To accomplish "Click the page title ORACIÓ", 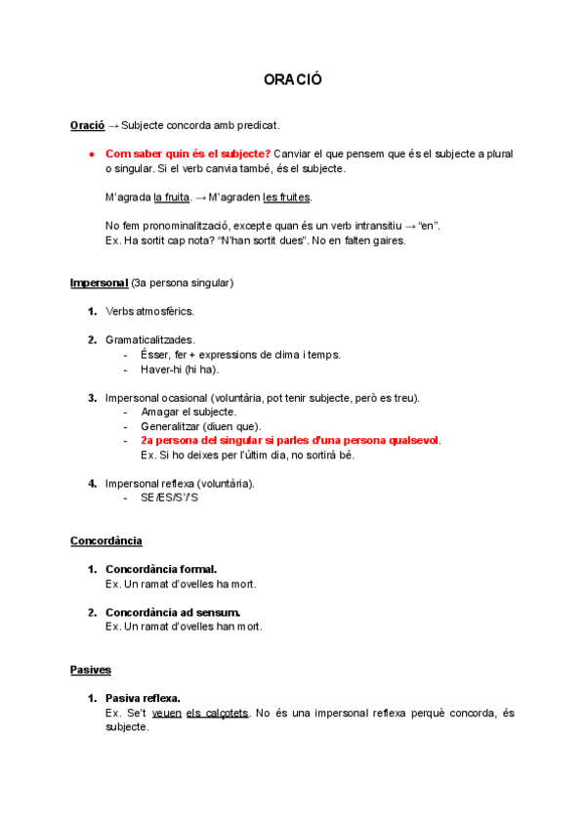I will pyautogui.click(x=292, y=79).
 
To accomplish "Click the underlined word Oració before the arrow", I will pyautogui.click(x=87, y=125).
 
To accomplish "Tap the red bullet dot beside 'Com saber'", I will pyautogui.click(x=90, y=154).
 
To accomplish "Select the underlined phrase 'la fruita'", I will pyautogui.click(x=171, y=197).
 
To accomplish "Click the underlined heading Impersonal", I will pyautogui.click(x=99, y=284).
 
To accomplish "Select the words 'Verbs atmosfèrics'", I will pyautogui.click(x=149, y=312).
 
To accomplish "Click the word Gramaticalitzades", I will pyautogui.click(x=149, y=340).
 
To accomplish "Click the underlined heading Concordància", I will pyautogui.click(x=106, y=541).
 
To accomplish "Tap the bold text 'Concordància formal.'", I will pyautogui.click(x=161, y=569).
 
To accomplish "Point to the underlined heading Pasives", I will pyautogui.click(x=91, y=670).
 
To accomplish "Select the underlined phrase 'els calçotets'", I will pyautogui.click(x=218, y=713).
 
